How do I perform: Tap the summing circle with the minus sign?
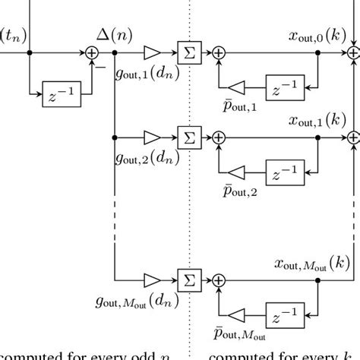(92, 53)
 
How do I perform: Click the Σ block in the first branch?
(185, 53)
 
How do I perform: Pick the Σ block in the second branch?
(185, 138)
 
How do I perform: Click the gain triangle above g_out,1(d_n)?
(151, 53)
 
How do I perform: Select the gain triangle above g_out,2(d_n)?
(151, 138)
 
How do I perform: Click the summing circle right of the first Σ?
(219, 53)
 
